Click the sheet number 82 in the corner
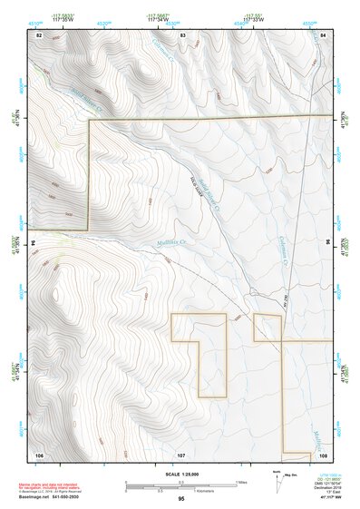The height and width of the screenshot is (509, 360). pyautogui.click(x=39, y=34)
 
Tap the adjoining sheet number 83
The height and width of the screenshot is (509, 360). pyautogui.click(x=182, y=34)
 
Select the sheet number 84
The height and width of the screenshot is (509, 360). pyautogui.click(x=322, y=34)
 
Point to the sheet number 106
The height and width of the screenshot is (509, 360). pyautogui.click(x=39, y=453)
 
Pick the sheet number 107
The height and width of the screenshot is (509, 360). pyautogui.click(x=181, y=453)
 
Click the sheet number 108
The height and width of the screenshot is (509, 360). pyautogui.click(x=322, y=453)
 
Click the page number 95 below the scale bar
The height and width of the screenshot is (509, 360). pyautogui.click(x=181, y=499)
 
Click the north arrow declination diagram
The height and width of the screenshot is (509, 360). pyautogui.click(x=277, y=482)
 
